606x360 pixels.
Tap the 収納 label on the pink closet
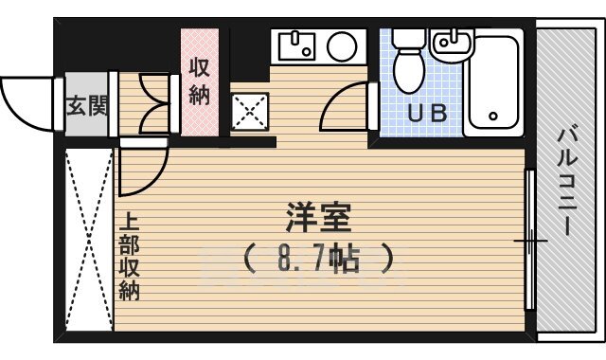[199, 81]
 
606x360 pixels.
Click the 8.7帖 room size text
[317, 257]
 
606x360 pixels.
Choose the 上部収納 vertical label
[130, 255]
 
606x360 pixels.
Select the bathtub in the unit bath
[492, 83]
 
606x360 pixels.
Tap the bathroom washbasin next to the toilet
[450, 42]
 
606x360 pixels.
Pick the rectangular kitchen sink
[297, 45]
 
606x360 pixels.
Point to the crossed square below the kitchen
[250, 113]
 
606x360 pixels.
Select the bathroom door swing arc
[347, 109]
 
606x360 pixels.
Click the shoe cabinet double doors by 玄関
[151, 103]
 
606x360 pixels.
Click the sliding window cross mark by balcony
[530, 242]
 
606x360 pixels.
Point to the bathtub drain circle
[493, 117]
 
